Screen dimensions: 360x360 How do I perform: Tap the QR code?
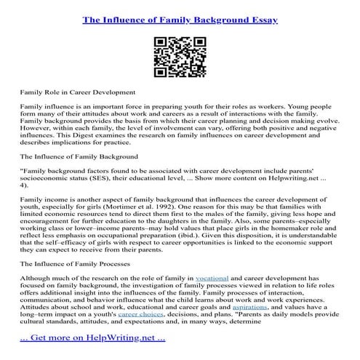180,56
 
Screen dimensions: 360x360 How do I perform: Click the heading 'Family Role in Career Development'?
77,93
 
